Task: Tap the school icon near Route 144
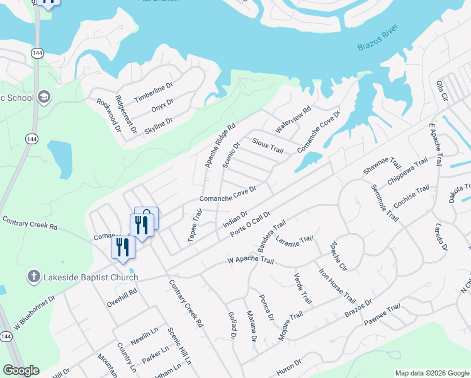[x=43, y=97]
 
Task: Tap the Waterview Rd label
[x=293, y=118]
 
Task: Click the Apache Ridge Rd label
[x=220, y=145]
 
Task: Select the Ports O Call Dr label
[x=250, y=223]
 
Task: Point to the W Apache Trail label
[x=251, y=260]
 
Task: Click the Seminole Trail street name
[x=385, y=202]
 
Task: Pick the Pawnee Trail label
[x=382, y=315]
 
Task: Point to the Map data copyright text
[x=431, y=373]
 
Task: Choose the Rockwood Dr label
[x=108, y=114]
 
